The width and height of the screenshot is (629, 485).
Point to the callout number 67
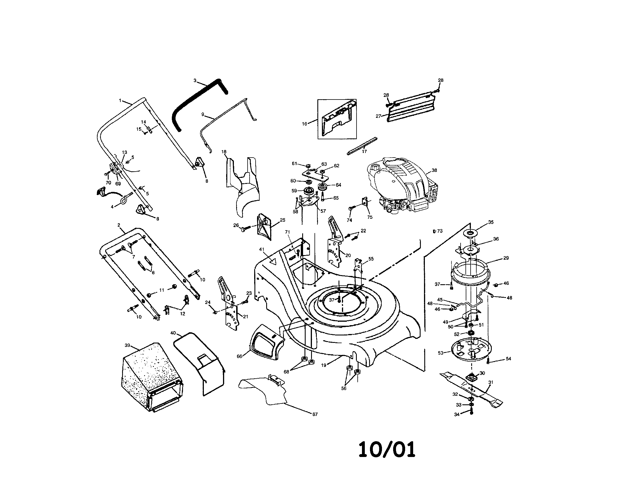[x=315, y=414]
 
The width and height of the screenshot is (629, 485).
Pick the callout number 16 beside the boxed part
[x=304, y=124]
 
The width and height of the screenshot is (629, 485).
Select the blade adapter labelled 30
[x=472, y=376]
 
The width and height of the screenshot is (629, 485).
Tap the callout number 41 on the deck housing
[x=262, y=249]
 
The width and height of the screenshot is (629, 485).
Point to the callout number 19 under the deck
[x=324, y=365]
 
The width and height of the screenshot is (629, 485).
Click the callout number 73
[x=439, y=231]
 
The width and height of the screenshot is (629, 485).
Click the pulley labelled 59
[x=309, y=191]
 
